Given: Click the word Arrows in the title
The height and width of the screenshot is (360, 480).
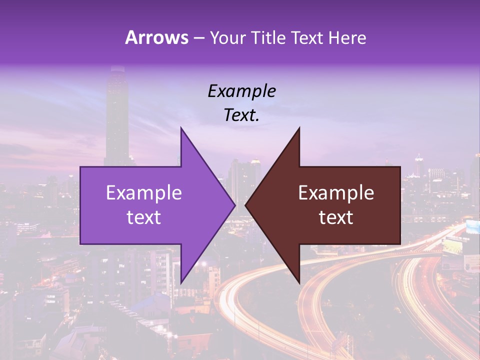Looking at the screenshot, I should pyautogui.click(x=157, y=37).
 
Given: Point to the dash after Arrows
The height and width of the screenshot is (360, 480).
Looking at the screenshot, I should pyautogui.click(x=198, y=38).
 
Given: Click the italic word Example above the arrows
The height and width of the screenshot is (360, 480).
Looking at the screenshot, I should pyautogui.click(x=242, y=91).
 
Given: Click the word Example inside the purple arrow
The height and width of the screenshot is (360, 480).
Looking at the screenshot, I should pyautogui.click(x=144, y=193).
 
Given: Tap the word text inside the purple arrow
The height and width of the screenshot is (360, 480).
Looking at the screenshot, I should pyautogui.click(x=144, y=217).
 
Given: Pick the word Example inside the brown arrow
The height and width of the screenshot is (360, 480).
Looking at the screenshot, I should pyautogui.click(x=336, y=193).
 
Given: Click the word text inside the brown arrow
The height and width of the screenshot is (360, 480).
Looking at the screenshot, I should pyautogui.click(x=336, y=217).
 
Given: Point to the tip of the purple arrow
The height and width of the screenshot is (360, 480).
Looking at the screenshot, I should pyautogui.click(x=234, y=205).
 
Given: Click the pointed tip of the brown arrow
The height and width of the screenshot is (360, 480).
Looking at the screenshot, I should pyautogui.click(x=246, y=205).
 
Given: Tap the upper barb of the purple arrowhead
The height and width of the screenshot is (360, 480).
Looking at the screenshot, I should pyautogui.click(x=182, y=131).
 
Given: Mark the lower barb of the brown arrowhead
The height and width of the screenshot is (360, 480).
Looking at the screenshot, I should pyautogui.click(x=298, y=280).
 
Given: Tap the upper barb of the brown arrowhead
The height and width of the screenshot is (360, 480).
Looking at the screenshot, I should pyautogui.click(x=298, y=131).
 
